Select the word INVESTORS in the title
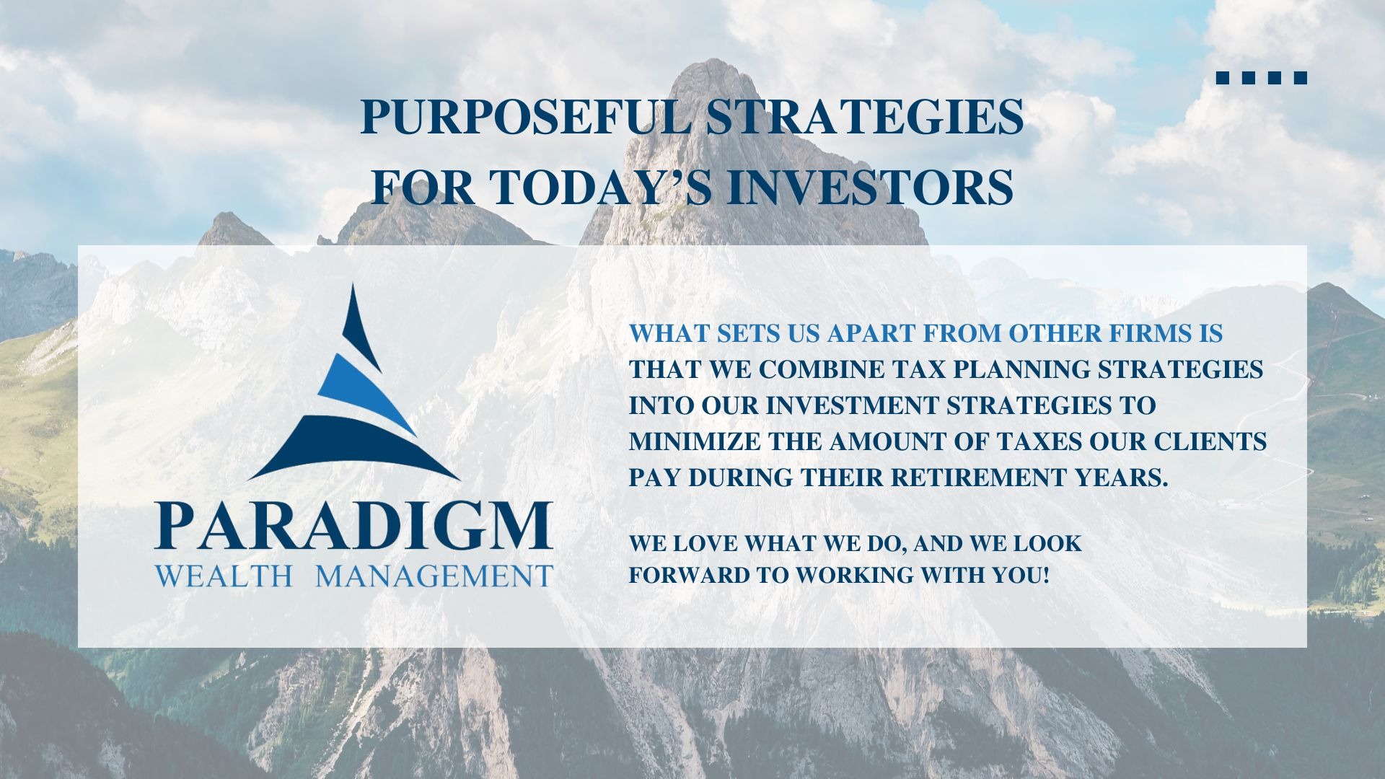click(x=869, y=186)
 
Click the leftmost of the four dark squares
click(x=1223, y=78)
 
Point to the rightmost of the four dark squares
click(x=1301, y=78)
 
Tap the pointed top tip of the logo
click(x=353, y=284)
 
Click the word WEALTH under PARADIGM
click(x=224, y=576)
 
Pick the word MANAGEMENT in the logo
click(x=435, y=576)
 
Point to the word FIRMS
click(x=1152, y=333)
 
